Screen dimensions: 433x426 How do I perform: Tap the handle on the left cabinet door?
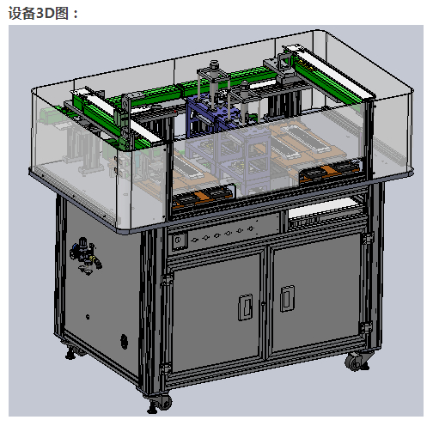246,307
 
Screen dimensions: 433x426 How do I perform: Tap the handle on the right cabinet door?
287,298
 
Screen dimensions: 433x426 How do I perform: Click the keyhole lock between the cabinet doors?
263,303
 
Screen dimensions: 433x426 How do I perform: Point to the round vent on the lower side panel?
124,341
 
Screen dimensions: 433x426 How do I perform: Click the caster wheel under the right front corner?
356,362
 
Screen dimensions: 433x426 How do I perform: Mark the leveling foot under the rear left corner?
70,354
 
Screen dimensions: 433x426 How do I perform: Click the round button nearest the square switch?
195,240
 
